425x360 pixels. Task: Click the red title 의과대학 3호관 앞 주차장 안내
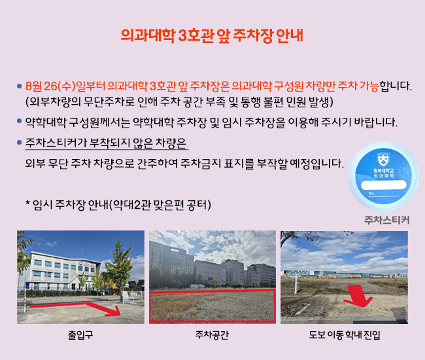click(x=212, y=35)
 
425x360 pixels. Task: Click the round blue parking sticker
click(x=383, y=176)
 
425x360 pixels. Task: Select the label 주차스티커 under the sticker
click(x=387, y=220)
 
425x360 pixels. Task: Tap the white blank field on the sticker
click(x=383, y=185)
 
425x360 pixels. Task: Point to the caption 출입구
click(x=80, y=334)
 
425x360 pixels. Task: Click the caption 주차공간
click(x=212, y=334)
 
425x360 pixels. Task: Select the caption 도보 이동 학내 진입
click(x=345, y=334)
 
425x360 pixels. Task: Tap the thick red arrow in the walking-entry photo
click(x=358, y=296)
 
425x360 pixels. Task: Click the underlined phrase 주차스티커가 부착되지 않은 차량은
click(x=106, y=143)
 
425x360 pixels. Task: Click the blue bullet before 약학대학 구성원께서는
click(x=19, y=121)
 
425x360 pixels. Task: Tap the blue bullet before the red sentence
click(x=19, y=86)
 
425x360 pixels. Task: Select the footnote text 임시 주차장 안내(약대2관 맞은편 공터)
click(x=122, y=205)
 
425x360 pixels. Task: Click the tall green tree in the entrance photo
click(x=118, y=268)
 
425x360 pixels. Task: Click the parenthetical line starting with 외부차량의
click(x=179, y=102)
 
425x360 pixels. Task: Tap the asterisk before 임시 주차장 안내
click(x=27, y=203)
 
